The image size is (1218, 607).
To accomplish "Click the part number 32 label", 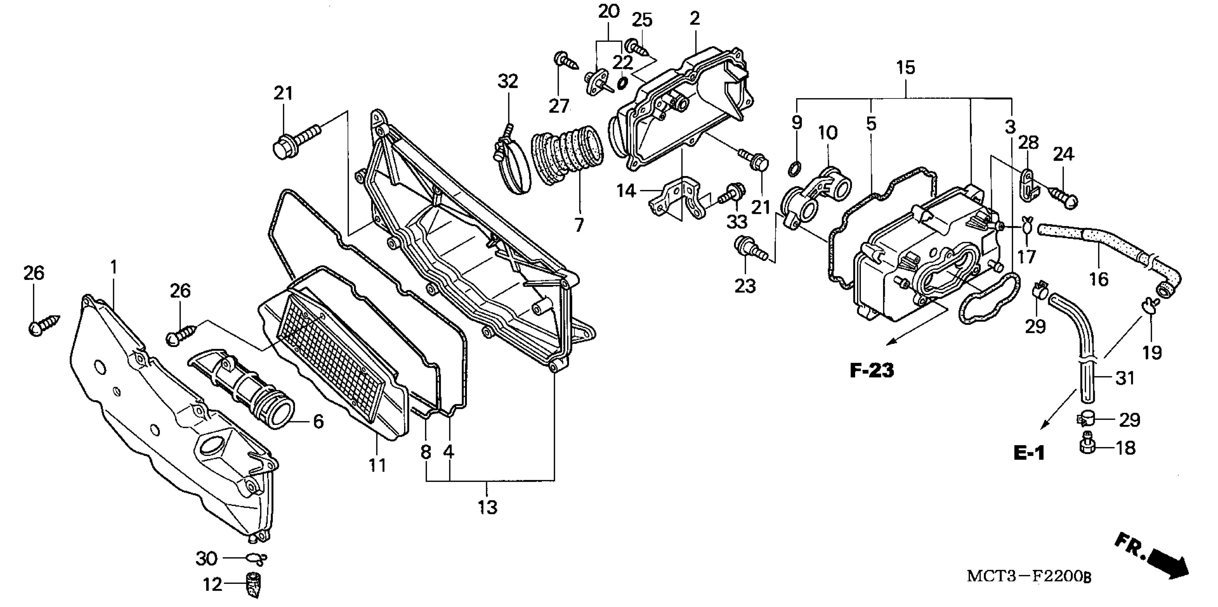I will click(x=508, y=81).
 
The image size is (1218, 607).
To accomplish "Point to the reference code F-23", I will click(x=872, y=371).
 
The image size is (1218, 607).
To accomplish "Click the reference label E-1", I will click(x=1029, y=453).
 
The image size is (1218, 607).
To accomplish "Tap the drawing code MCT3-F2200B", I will click(x=1029, y=576).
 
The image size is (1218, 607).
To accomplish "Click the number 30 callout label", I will click(x=206, y=559).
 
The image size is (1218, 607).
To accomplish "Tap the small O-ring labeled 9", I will click(x=796, y=166).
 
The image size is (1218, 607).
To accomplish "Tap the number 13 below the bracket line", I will click(x=488, y=507).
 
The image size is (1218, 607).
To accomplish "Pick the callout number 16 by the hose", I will click(x=1098, y=279).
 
